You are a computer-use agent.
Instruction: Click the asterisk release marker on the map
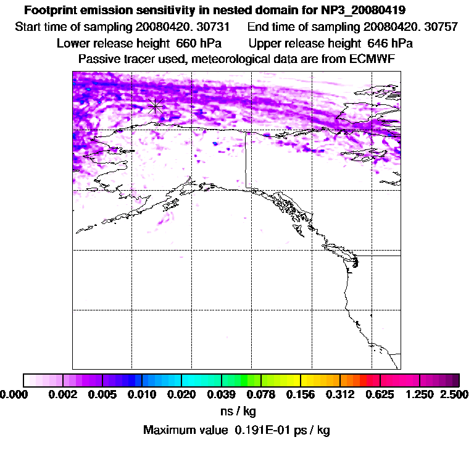156,106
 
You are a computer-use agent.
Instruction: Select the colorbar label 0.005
102,394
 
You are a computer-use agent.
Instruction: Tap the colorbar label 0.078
261,394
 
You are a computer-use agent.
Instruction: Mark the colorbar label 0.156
301,394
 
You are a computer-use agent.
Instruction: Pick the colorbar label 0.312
340,394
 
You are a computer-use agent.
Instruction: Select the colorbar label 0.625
380,394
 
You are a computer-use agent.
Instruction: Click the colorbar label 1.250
420,394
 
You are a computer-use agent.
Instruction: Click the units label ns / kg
238,411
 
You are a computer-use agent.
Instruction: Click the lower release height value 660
182,44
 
